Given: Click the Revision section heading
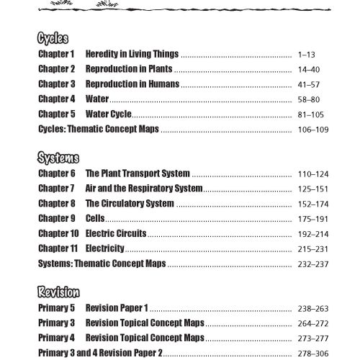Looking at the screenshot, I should coord(60,292).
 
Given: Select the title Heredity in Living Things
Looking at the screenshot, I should coord(132,54).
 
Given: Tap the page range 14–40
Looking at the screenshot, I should coord(308,69).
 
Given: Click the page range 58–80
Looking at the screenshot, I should coord(308,99).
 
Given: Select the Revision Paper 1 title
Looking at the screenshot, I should coord(117,308).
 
